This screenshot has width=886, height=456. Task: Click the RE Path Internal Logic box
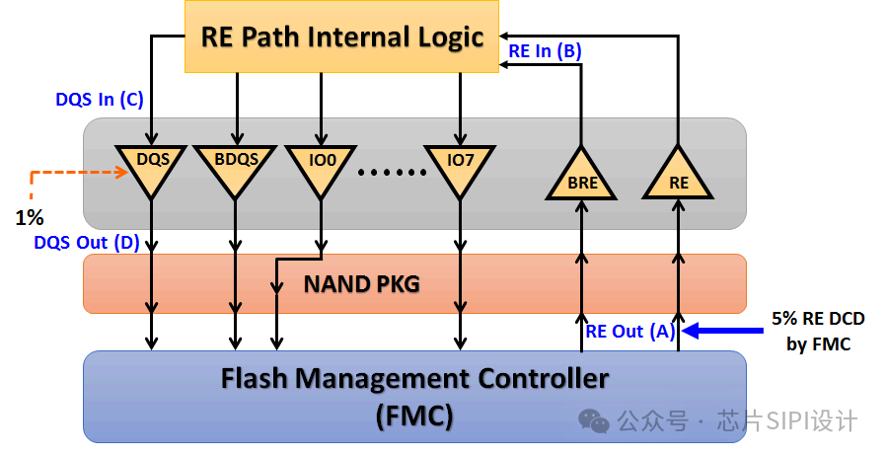[x=341, y=38]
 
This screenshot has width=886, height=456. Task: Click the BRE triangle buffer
[x=582, y=178]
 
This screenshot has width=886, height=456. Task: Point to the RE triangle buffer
[x=678, y=178]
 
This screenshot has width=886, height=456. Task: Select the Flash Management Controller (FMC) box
[x=414, y=395]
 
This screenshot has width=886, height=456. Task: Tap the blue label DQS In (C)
[x=100, y=100]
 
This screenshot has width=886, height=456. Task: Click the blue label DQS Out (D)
[x=86, y=242]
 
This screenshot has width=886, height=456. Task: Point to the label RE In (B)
[x=546, y=50]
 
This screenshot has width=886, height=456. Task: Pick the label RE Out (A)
[x=628, y=332]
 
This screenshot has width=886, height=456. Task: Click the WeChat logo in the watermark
[x=594, y=420]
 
